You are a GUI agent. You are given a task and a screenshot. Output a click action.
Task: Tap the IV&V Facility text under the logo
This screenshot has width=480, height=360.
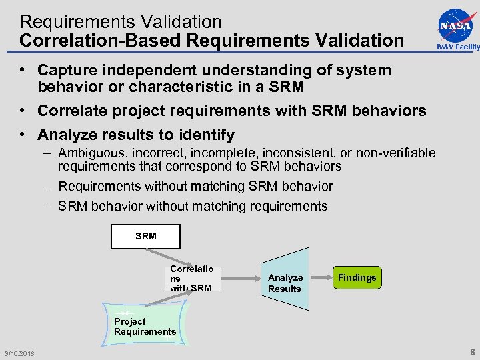(x=458, y=47)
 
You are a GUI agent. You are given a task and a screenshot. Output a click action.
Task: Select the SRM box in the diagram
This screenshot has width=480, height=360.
(x=145, y=236)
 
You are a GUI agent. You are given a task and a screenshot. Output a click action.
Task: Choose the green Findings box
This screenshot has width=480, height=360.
(x=357, y=277)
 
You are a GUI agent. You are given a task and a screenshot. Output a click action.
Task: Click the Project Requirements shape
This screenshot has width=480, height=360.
(x=145, y=325)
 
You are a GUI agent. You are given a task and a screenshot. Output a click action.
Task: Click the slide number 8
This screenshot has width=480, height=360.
(x=472, y=352)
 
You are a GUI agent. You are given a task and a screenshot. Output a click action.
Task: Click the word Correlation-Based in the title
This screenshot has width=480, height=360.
(x=101, y=40)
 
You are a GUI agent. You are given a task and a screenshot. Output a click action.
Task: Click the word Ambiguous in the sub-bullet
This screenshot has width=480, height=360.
(x=90, y=153)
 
